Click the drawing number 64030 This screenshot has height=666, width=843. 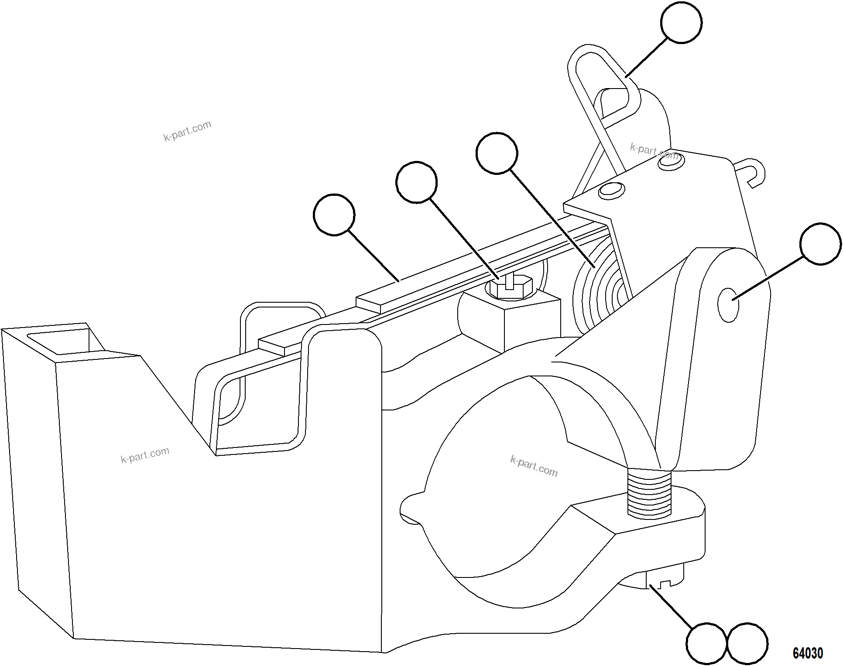[808, 653]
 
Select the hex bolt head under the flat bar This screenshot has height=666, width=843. [510, 288]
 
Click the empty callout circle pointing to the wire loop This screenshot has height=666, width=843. [681, 22]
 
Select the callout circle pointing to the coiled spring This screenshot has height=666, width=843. [497, 153]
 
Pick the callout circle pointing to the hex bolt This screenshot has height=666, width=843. [416, 182]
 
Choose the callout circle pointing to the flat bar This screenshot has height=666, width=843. [334, 215]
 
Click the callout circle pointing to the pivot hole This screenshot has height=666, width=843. [820, 244]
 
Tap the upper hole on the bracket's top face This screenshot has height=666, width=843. [671, 163]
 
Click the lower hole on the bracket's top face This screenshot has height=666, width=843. [612, 190]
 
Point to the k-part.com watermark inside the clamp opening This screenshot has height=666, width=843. [534, 466]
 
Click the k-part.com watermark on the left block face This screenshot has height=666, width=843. [145, 455]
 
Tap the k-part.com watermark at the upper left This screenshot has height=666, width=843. [188, 131]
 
